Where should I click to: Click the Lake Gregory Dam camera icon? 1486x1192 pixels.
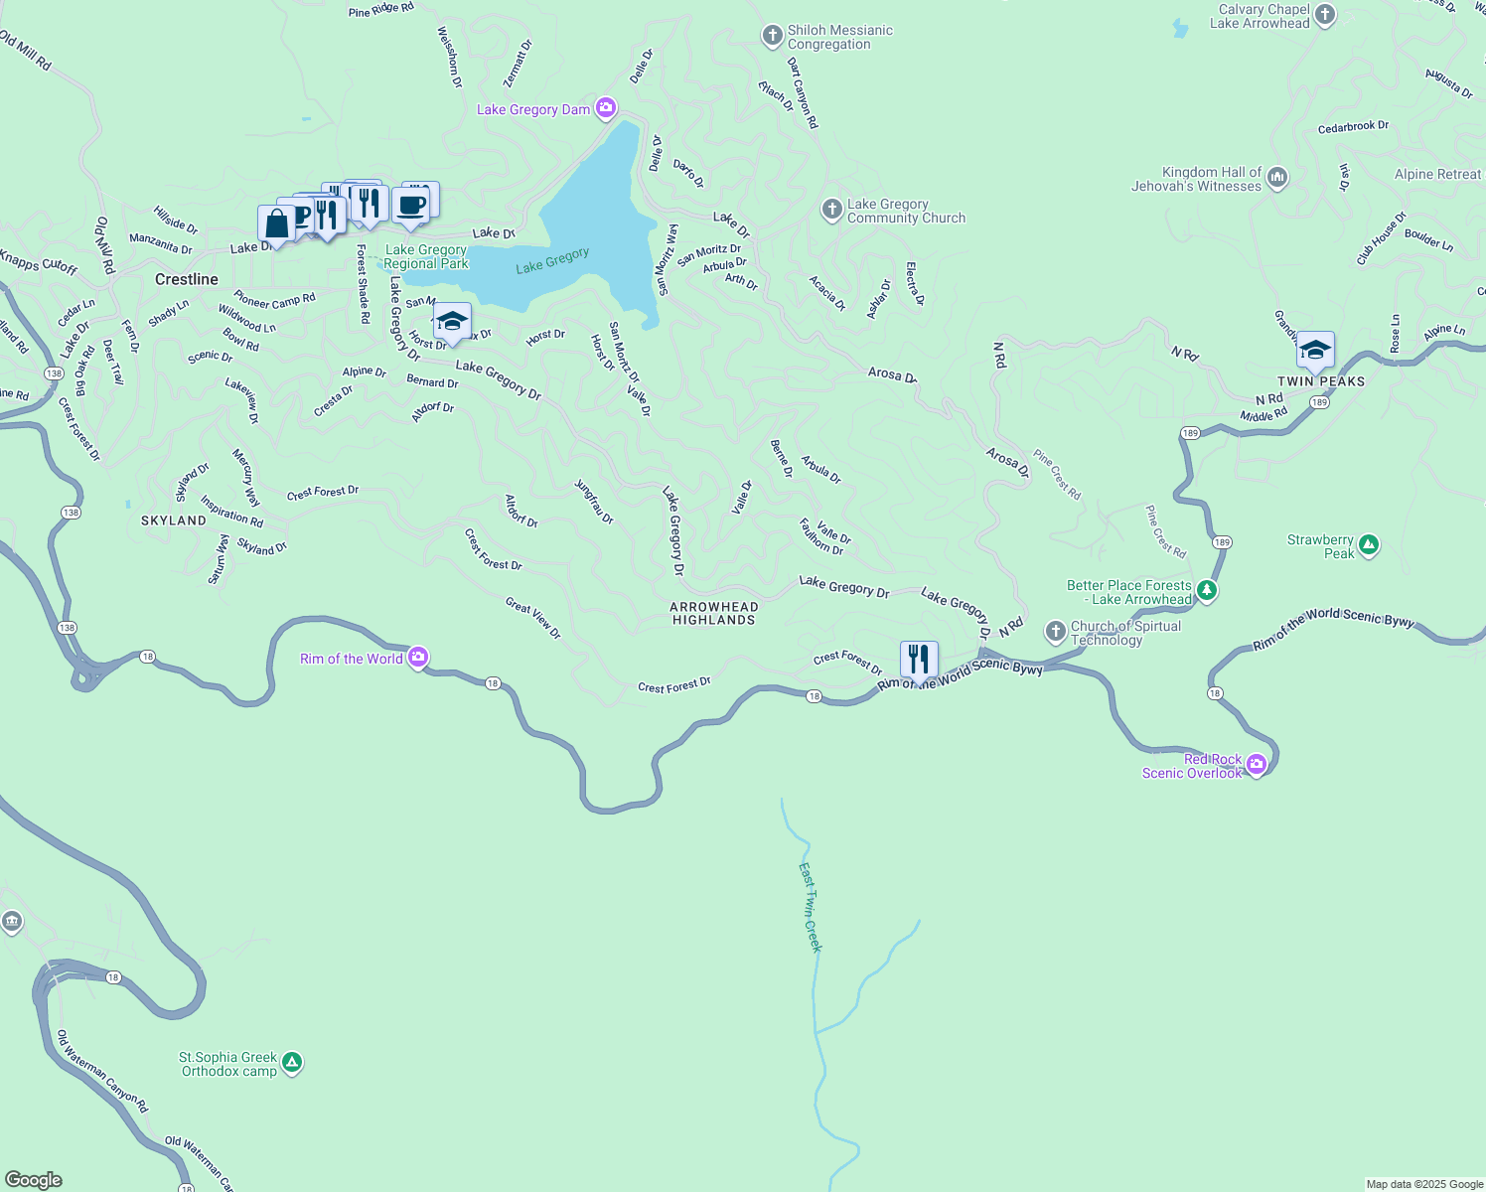pyautogui.click(x=606, y=109)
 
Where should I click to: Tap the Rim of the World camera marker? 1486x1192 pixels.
pyautogui.click(x=418, y=658)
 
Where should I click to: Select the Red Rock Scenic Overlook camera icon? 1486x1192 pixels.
pyautogui.click(x=1257, y=765)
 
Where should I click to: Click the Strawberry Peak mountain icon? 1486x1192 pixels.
pyautogui.click(x=1369, y=544)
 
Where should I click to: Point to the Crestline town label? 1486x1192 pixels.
pyautogui.click(x=186, y=279)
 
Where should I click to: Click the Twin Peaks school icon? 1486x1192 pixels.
pyautogui.click(x=1315, y=351)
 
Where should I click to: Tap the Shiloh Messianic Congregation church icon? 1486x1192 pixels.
pyautogui.click(x=772, y=37)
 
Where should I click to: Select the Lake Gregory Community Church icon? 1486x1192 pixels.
pyautogui.click(x=831, y=210)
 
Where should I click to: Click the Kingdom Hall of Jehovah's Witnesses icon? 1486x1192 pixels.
pyautogui.click(x=1277, y=178)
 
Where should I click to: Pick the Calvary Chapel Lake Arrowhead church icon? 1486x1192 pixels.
pyautogui.click(x=1325, y=15)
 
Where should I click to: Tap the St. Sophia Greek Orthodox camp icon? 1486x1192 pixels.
pyautogui.click(x=292, y=1063)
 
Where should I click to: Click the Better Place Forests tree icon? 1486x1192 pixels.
pyautogui.click(x=1207, y=591)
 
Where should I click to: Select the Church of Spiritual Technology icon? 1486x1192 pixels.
pyautogui.click(x=1055, y=632)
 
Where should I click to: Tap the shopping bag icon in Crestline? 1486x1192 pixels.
pyautogui.click(x=277, y=223)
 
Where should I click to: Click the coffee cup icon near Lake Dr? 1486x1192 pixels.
pyautogui.click(x=410, y=206)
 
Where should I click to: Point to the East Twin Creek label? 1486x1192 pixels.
pyautogui.click(x=811, y=907)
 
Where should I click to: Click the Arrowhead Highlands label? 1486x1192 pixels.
pyautogui.click(x=713, y=613)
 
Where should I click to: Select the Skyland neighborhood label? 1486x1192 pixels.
pyautogui.click(x=174, y=521)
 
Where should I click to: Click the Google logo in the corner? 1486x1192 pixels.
pyautogui.click(x=33, y=1180)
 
